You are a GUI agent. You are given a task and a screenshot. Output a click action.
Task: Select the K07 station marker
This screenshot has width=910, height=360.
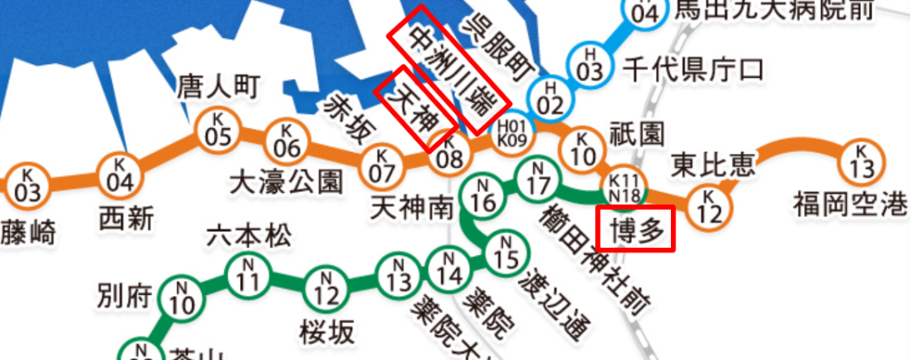381,162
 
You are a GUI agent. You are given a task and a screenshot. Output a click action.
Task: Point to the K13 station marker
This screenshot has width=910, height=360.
860,161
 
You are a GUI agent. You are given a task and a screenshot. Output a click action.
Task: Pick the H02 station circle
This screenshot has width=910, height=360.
550,97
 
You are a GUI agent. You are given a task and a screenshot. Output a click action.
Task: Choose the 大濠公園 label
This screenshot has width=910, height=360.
285,182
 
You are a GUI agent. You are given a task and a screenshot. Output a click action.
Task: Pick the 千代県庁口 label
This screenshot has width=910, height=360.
692,68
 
